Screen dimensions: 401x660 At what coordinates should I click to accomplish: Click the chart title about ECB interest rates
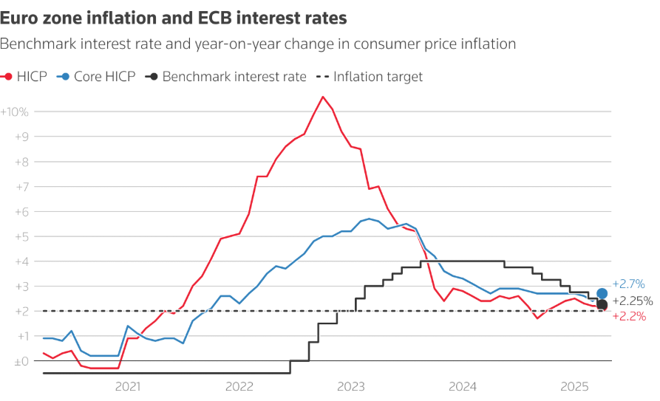coord(174,16)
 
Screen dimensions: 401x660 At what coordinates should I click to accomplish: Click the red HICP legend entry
coord(27,76)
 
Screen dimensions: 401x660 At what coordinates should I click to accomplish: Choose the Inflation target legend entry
coord(370,76)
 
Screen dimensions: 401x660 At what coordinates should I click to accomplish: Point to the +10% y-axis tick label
coord(15,112)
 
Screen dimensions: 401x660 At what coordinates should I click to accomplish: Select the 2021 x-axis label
coord(128,385)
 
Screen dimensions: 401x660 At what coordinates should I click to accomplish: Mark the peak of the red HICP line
coord(323,97)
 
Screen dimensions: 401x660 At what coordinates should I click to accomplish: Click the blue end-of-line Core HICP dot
coord(602,294)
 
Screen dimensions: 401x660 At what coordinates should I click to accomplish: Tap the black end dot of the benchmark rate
coord(602,304)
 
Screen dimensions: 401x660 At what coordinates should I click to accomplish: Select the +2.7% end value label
coord(629,284)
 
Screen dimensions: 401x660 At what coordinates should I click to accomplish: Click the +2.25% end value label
coord(633,301)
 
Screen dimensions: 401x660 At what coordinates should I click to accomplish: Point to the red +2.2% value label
coord(629,317)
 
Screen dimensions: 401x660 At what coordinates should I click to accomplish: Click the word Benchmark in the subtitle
coord(35,44)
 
